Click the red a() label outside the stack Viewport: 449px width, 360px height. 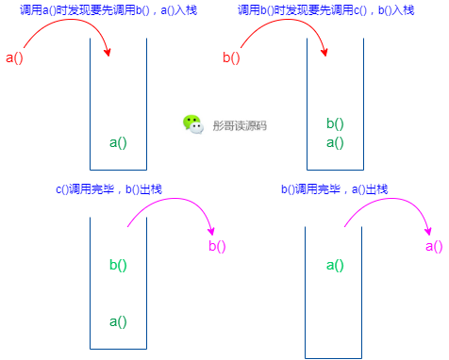point(15,58)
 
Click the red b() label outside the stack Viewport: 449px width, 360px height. point(231,58)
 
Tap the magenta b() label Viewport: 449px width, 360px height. point(217,247)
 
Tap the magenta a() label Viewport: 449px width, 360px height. point(434,247)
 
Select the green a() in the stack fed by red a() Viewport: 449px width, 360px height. point(118,143)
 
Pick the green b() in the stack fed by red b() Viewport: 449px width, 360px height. point(335,123)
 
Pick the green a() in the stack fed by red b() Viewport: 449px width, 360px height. point(335,143)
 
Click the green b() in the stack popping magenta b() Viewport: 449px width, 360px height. point(118,265)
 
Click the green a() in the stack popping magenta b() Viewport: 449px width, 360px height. point(118,321)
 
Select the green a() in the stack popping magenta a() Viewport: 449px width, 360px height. point(335,265)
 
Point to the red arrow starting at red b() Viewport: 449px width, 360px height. point(283,24)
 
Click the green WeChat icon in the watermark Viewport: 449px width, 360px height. point(192,124)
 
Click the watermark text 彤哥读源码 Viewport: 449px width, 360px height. point(240,125)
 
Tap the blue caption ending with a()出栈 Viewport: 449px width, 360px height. point(334,189)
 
